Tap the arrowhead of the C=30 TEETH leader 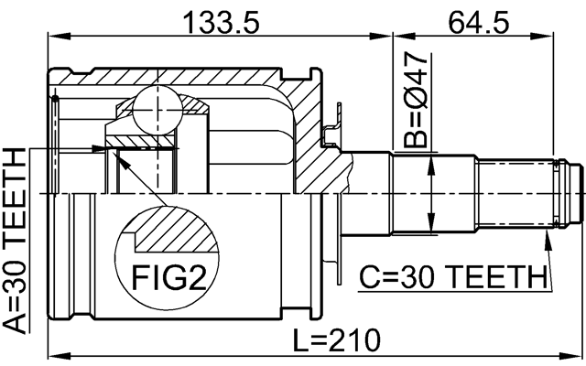pos(547,236)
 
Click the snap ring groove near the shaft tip pos(561,194)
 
